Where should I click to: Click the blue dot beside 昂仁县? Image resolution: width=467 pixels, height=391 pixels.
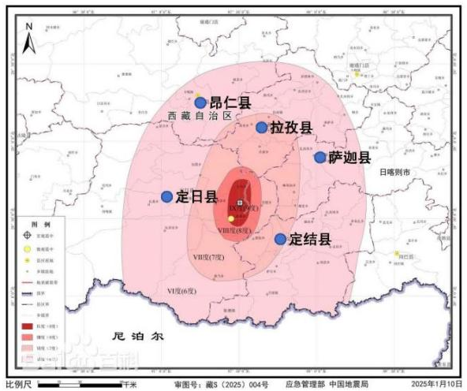tap(200, 102)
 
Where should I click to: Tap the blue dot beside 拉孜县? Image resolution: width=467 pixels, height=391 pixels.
tap(261, 127)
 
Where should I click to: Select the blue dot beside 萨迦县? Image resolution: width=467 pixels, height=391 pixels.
tap(320, 157)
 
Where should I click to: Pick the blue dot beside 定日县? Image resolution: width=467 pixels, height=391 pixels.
tap(166, 196)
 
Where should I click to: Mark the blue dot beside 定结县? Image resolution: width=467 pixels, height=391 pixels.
tap(280, 238)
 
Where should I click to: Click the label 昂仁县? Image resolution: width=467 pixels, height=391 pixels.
tap(229, 102)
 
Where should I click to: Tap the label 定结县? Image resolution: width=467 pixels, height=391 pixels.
tap(309, 238)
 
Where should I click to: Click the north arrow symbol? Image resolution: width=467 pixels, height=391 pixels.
tap(28, 39)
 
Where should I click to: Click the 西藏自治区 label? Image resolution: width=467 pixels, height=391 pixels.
tap(201, 116)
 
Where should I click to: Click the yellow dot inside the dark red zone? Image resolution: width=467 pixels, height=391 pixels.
tap(231, 218)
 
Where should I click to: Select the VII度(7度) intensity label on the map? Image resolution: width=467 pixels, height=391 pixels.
tap(209, 257)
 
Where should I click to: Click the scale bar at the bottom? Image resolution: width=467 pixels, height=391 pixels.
tap(79, 384)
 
